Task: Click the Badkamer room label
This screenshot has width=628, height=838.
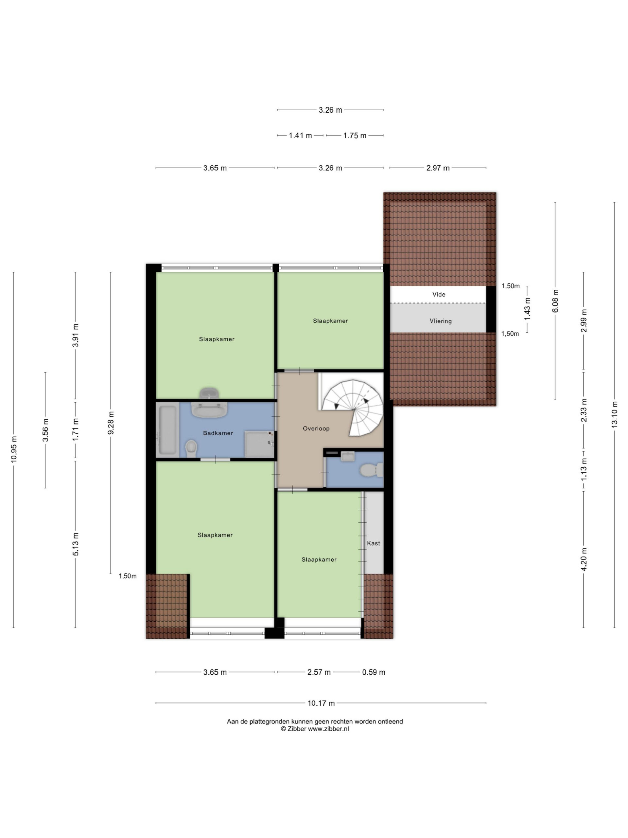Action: (218, 433)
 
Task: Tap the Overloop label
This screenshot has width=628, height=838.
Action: (316, 428)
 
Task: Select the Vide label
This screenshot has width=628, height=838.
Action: (439, 294)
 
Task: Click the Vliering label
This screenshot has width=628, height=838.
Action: (441, 321)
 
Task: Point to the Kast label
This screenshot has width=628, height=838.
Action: (373, 543)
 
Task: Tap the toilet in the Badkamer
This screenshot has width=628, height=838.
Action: (192, 448)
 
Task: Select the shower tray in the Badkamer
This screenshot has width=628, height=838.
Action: (259, 444)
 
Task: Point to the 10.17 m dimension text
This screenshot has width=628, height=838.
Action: (321, 703)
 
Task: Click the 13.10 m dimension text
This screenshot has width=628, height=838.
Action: (614, 414)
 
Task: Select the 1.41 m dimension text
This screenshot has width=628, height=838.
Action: (300, 135)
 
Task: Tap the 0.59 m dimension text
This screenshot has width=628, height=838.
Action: (374, 672)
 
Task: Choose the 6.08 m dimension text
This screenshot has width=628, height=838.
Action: (555, 301)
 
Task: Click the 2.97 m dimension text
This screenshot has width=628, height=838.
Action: (438, 168)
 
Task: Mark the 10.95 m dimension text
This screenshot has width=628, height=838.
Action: (14, 449)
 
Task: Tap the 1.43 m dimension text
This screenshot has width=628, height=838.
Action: (527, 309)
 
